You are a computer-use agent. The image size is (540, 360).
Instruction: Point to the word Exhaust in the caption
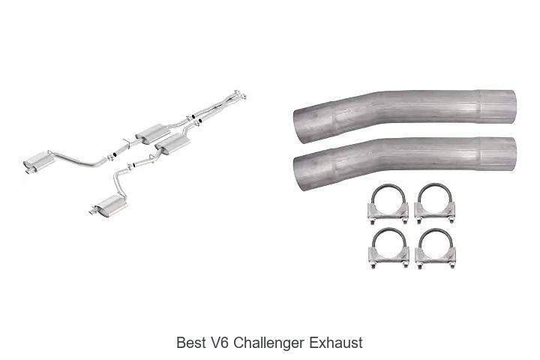coord(336,343)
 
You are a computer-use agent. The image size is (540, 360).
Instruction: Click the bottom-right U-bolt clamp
coord(436,248)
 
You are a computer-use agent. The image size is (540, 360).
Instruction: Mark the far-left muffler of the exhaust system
coord(38,160)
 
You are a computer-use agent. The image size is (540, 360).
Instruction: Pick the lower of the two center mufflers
coord(172,143)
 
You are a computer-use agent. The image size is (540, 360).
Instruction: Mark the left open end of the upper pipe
coord(299,127)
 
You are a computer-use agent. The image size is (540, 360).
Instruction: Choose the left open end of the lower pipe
coord(299,173)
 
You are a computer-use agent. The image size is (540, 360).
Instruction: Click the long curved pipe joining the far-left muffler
coord(77,159)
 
